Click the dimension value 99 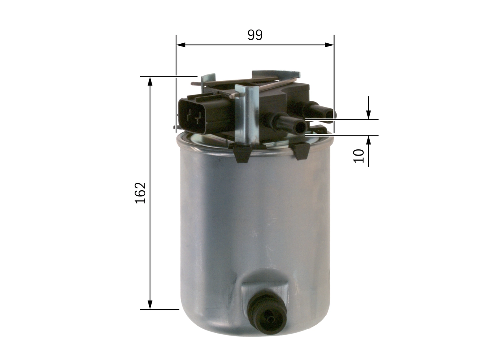[255, 35]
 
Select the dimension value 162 [141, 193]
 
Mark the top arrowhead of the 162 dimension [150, 81]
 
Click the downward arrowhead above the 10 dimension [368, 115]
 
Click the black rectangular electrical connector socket [195, 116]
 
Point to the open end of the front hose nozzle [301, 127]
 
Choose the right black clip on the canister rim [301, 150]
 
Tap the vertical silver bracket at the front [247, 114]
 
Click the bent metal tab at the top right [276, 74]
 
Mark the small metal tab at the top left [208, 79]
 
